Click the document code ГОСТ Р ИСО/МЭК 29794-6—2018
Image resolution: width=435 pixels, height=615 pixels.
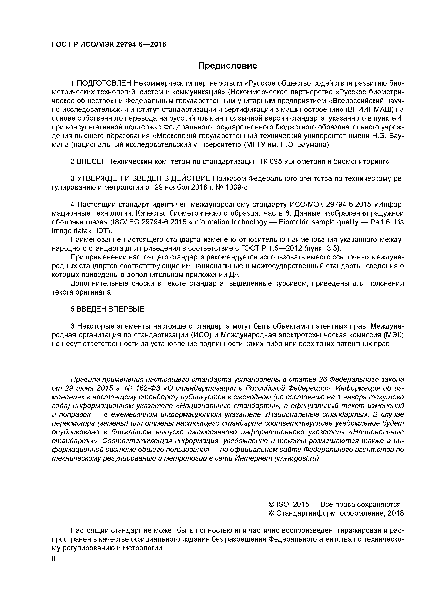[x=109, y=44]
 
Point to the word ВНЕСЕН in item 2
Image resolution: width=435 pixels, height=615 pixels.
[x=92, y=162]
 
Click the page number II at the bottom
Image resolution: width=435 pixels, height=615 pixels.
[x=53, y=559]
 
